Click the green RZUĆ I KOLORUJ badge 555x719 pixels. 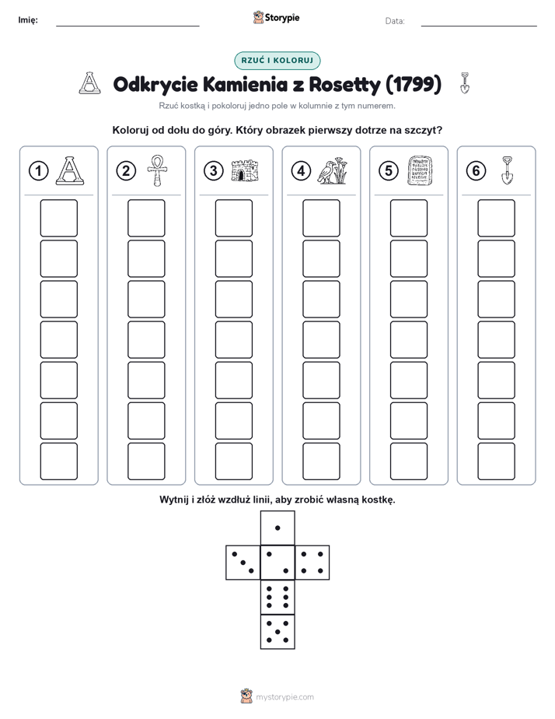[277, 61]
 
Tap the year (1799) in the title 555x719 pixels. [414, 84]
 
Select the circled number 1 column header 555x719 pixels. [38, 171]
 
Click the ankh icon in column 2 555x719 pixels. [157, 170]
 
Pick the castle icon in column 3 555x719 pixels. [245, 170]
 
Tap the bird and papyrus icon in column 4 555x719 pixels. [333, 170]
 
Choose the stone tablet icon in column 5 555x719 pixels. [420, 170]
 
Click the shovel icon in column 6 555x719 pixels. [507, 170]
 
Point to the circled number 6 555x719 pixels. [476, 171]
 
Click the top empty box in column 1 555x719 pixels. [58, 218]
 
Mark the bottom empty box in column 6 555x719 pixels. [497, 461]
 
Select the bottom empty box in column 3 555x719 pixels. [233, 461]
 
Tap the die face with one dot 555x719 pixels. [277, 528]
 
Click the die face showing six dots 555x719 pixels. [277, 597]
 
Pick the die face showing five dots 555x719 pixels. [277, 631]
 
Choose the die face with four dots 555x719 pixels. [312, 563]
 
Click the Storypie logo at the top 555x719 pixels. [276, 18]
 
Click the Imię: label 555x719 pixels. [28, 19]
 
